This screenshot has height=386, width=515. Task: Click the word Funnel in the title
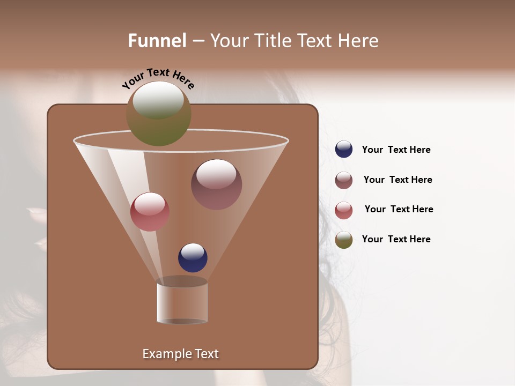157,41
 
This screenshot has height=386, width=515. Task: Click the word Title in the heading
273,41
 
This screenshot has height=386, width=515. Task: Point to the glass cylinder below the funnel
182,302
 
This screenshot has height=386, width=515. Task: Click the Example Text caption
180,354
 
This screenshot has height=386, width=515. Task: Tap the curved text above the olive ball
158,78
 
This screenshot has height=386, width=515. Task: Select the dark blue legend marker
344,150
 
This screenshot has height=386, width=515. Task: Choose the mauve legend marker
344,180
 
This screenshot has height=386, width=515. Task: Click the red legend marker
344,210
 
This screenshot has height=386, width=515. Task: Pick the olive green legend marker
344,240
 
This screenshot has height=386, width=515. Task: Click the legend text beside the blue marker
396,150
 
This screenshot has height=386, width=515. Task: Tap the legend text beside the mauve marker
398,180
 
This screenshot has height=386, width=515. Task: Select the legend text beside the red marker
399,210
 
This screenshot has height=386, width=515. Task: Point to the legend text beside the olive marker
396,239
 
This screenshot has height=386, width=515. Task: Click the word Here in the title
359,41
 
